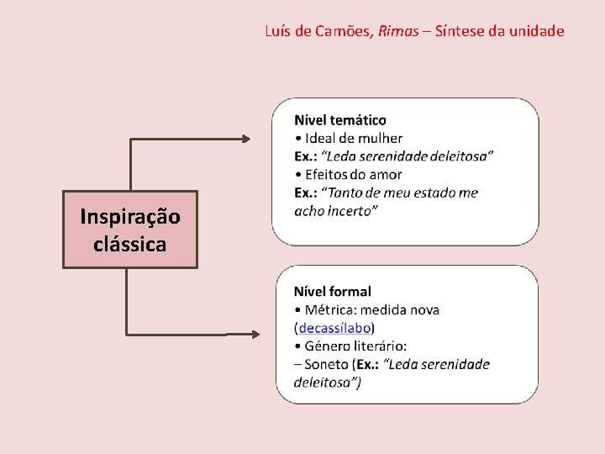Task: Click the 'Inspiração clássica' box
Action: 130,230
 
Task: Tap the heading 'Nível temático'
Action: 340,120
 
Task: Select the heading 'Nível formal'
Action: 333,292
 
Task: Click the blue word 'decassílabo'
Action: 335,328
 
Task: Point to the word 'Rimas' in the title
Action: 398,32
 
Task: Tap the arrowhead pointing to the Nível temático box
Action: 245,139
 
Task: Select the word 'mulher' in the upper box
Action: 381,139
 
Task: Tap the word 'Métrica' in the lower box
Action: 330,310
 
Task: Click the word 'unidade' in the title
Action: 538,32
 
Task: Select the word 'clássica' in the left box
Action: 130,245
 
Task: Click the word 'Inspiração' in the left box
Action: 130,217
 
